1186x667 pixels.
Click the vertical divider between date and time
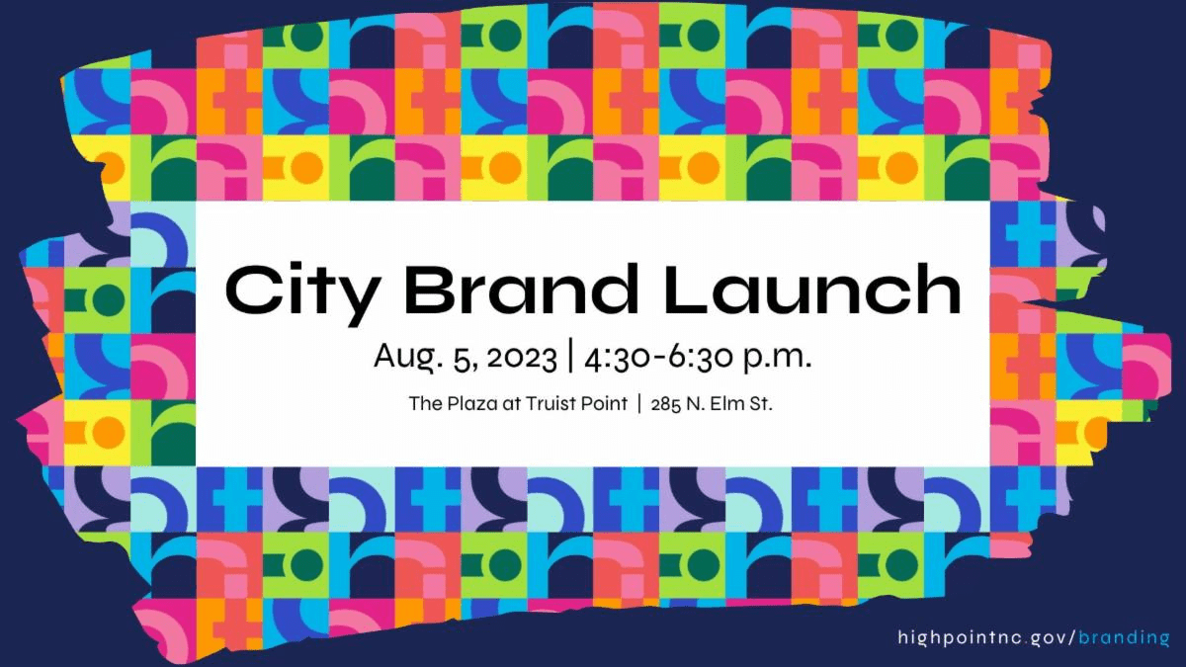point(569,358)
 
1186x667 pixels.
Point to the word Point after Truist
point(604,404)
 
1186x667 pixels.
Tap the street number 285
point(666,404)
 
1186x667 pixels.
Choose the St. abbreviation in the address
point(762,404)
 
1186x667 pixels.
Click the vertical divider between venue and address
point(639,404)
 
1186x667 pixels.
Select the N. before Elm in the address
point(696,404)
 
